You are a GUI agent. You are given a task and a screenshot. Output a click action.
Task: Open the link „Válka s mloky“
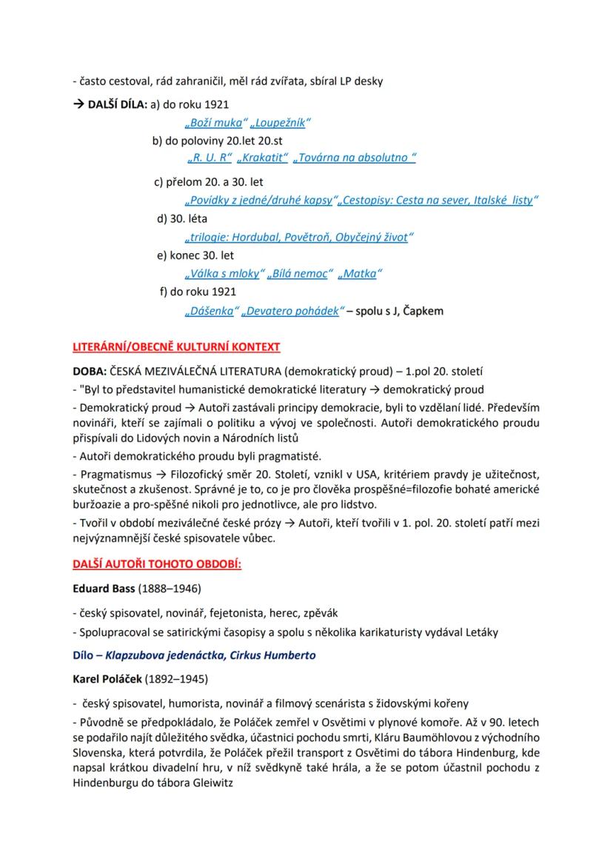tap(222, 273)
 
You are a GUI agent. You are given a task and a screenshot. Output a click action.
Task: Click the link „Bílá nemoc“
tap(298, 273)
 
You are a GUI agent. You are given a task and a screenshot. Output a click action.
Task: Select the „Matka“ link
tap(360, 273)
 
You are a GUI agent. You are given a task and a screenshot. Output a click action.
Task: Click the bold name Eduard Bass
tap(104, 590)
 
